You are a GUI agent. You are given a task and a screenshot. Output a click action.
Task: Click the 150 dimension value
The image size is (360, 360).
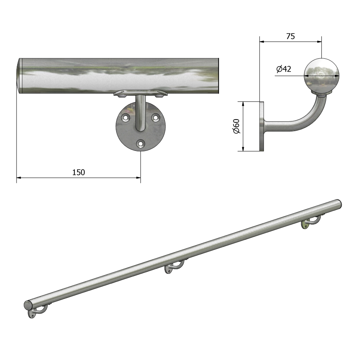[78, 172]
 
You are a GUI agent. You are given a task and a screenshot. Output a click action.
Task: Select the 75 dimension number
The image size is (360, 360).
[291, 36]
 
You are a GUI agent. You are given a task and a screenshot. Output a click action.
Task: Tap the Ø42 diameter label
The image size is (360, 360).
[284, 69]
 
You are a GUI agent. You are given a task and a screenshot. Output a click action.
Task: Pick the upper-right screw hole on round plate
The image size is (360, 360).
[156, 117]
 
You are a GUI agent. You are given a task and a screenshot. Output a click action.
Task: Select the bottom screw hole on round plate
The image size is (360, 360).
[140, 144]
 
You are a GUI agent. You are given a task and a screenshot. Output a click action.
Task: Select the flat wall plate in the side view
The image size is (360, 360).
[261, 126]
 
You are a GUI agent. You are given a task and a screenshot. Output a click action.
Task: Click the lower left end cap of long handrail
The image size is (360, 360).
[28, 305]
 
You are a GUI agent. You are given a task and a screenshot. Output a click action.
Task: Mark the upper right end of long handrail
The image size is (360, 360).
[338, 204]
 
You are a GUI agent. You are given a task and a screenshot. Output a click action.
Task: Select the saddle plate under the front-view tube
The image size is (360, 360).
[140, 94]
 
